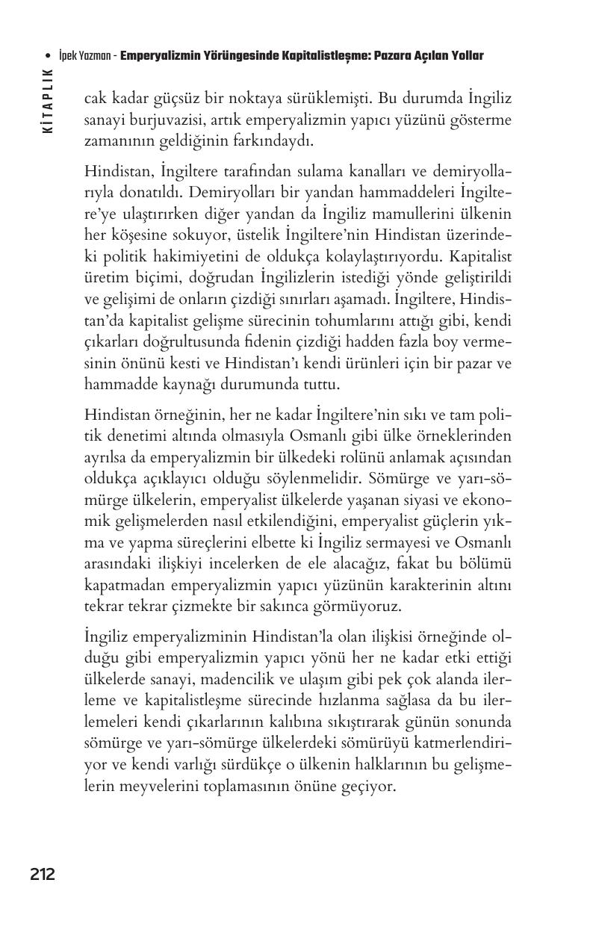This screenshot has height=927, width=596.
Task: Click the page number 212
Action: (43, 874)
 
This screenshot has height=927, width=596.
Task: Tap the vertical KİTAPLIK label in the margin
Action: (49, 101)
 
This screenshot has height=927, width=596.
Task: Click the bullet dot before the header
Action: (49, 57)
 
